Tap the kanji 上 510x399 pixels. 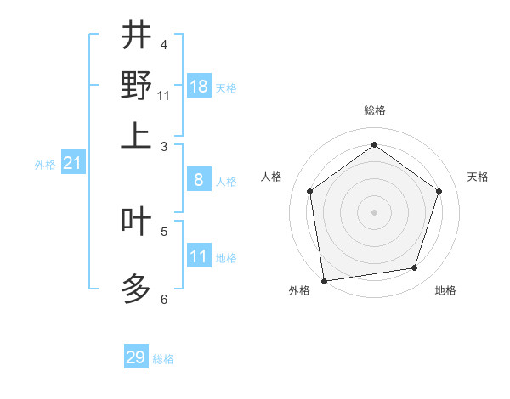(x=136, y=136)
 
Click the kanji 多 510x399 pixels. (x=136, y=289)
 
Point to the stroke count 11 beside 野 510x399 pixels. (x=164, y=95)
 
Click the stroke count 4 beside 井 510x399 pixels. (x=164, y=44)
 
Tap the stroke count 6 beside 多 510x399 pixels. (x=164, y=299)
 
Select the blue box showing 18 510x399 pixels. (x=199, y=87)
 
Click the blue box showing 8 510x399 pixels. (x=199, y=180)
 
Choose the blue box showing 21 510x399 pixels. (x=72, y=164)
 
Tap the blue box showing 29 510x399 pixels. (x=136, y=357)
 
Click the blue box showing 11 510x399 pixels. (x=199, y=256)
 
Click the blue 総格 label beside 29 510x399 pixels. (x=164, y=359)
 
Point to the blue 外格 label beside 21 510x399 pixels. (x=45, y=166)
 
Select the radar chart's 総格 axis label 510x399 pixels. (x=374, y=110)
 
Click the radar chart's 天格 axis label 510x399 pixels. (x=479, y=177)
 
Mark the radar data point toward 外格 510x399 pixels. (x=324, y=279)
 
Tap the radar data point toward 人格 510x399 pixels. (x=309, y=191)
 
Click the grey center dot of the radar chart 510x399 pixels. (x=374, y=211)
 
